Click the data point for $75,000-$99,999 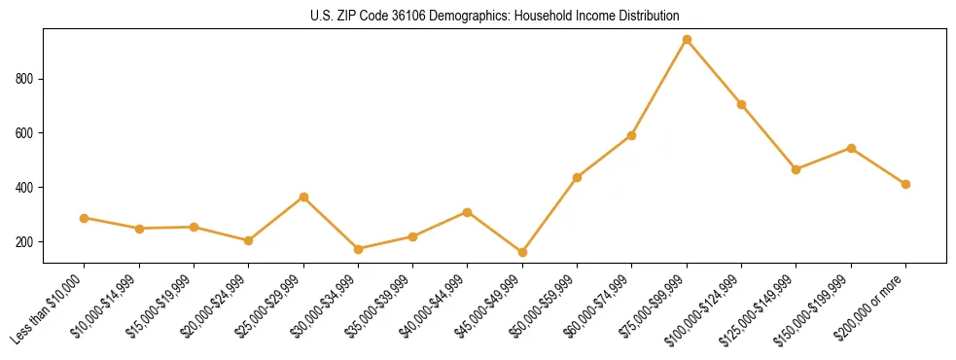click(687, 40)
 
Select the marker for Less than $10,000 click(85, 218)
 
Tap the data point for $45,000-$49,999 click(522, 252)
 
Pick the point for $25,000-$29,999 click(303, 197)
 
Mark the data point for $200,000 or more click(905, 184)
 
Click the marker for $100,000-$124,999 click(741, 104)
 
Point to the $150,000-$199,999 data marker click(851, 148)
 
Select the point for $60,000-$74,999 click(632, 135)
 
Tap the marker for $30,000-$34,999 click(358, 249)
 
